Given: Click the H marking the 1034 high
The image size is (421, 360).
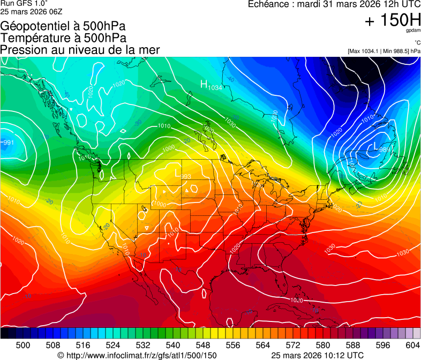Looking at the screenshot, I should [x=204, y=84].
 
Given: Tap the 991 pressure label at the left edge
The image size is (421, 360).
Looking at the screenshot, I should [x=8, y=142].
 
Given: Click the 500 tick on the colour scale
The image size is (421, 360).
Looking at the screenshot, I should [x=23, y=344].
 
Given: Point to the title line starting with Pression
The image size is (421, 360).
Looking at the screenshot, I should [x=80, y=50].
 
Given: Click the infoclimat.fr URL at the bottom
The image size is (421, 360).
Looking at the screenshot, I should [x=141, y=355].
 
